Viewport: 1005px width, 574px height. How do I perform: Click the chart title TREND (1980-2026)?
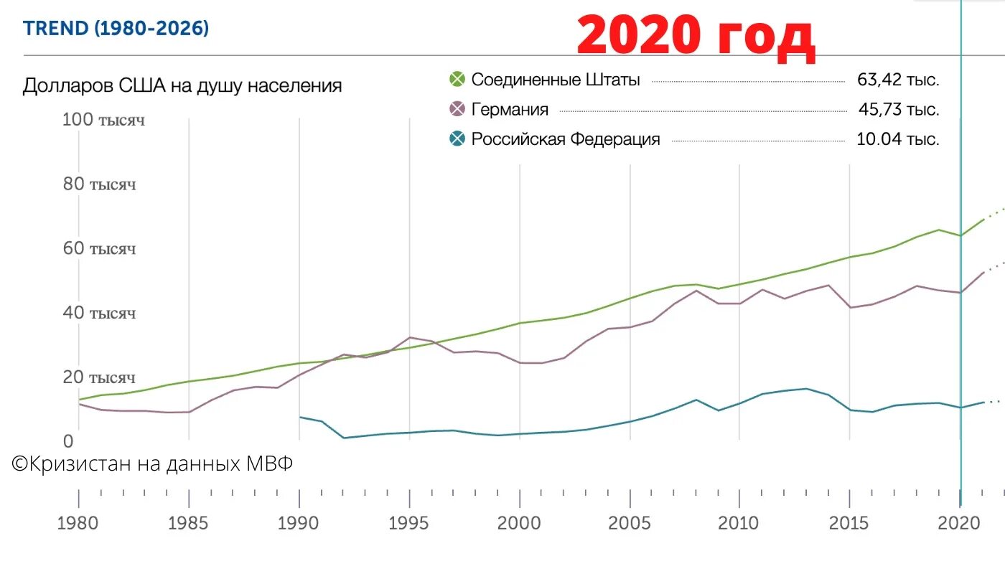116,29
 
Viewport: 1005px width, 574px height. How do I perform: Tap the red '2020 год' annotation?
696,37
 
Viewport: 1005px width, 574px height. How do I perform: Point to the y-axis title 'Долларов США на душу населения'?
182,86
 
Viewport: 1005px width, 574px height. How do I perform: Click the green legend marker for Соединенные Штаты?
457,80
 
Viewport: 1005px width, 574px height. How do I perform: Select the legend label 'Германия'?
510,110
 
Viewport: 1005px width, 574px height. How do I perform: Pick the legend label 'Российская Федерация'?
565,139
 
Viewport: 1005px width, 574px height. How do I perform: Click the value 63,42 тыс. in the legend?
898,80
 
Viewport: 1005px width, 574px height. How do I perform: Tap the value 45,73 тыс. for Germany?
898,110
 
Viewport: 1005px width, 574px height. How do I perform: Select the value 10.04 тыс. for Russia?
897,139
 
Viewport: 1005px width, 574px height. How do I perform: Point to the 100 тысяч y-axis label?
103,120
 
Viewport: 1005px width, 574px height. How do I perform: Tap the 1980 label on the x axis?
78,522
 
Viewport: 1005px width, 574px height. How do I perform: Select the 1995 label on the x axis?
409,522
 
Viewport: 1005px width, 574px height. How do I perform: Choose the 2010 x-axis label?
739,522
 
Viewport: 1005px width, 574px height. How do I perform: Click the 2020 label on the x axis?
960,522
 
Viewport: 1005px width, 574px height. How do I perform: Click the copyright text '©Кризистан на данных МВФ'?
153,464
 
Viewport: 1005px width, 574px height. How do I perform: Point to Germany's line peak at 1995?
409,337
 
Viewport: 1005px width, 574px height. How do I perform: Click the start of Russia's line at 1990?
299,417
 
